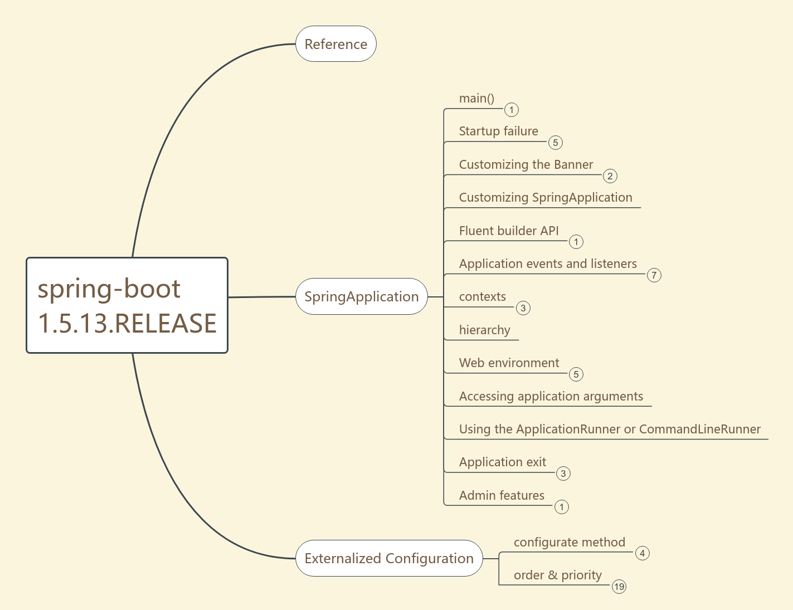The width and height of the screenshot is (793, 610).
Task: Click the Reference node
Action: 336,44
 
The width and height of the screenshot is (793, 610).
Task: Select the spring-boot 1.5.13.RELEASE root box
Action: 127,305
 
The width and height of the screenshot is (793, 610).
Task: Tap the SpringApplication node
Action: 361,296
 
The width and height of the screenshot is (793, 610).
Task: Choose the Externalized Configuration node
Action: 389,558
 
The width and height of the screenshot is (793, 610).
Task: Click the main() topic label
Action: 476,99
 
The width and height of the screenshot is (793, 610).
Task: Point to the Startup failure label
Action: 498,131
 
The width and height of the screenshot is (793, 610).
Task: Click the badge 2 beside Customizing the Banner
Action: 610,176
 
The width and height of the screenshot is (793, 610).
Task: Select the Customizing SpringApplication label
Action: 545,198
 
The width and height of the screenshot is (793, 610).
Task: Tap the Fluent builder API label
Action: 508,231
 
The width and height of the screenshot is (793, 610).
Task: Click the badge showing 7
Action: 654,275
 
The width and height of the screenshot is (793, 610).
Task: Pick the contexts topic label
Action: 483,297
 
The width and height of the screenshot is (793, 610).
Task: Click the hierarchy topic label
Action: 484,330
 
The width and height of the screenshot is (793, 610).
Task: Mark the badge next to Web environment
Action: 576,374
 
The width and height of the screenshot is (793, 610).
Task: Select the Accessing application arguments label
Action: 551,397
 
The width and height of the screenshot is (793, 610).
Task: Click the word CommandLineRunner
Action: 699,430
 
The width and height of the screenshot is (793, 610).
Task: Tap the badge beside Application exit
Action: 563,474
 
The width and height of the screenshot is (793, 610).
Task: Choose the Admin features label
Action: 502,496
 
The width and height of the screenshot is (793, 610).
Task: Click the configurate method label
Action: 569,543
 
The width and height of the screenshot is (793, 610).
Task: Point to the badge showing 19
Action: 619,587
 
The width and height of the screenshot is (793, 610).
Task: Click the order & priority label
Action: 557,575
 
